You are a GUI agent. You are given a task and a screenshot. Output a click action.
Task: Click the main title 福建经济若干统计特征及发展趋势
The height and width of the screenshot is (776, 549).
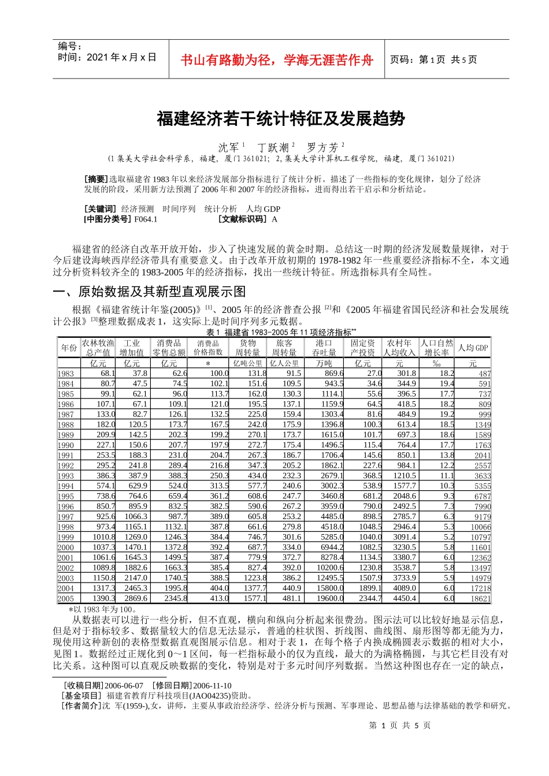281,119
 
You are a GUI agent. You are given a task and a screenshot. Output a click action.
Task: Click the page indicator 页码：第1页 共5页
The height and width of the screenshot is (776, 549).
433,59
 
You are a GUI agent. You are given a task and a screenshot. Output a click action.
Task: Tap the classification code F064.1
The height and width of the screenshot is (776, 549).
146,219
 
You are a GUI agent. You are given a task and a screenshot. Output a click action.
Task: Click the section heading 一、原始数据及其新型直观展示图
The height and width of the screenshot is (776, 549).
149,291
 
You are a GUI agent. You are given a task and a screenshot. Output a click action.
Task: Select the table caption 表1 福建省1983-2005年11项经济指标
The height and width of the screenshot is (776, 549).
281,332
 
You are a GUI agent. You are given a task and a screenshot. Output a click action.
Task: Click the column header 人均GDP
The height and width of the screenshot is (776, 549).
473,348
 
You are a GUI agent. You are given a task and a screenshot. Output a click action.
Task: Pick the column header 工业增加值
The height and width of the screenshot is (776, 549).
132,348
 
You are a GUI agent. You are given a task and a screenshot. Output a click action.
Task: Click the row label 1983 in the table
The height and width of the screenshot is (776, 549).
66,374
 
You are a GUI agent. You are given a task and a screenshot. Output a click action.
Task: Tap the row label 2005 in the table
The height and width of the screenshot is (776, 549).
66,599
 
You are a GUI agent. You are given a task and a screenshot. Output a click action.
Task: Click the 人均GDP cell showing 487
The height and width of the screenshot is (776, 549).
484,374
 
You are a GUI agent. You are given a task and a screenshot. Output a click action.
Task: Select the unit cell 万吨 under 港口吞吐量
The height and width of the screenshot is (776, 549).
324,363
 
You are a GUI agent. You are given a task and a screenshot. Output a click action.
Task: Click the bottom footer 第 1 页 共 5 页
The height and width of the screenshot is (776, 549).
399,725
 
